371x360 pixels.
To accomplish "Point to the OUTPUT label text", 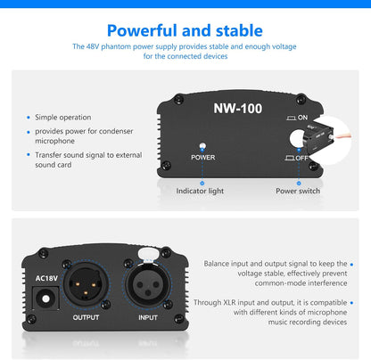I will pos(86,317).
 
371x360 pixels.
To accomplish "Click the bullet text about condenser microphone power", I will pos(79,135).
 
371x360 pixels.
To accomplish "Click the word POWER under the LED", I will pos(203,157).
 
